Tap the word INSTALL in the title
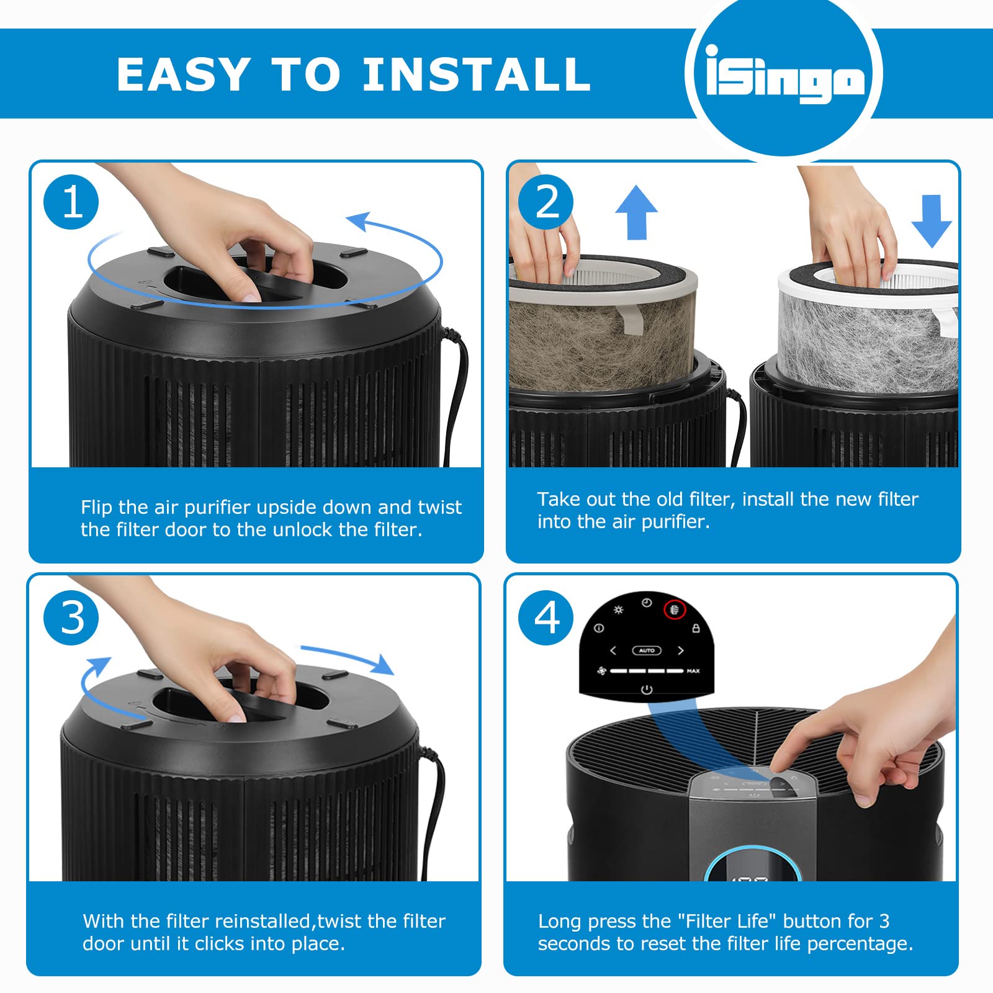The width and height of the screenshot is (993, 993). click(x=476, y=74)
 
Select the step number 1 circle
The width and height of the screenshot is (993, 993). click(x=71, y=202)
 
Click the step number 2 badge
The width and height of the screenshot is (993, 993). click(x=546, y=202)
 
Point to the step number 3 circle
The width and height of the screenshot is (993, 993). click(x=71, y=618)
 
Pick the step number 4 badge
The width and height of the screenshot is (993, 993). click(x=546, y=618)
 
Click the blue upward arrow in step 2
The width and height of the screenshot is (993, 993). click(x=636, y=212)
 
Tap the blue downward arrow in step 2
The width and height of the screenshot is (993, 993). click(x=931, y=221)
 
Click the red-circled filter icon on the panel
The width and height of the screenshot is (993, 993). click(x=675, y=610)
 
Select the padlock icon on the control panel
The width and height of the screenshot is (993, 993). click(x=696, y=629)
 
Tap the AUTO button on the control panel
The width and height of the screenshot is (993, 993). click(x=647, y=650)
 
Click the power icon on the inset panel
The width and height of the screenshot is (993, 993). click(x=647, y=690)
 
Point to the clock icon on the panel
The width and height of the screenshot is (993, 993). click(x=647, y=603)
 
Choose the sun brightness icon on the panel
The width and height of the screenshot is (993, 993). click(x=618, y=610)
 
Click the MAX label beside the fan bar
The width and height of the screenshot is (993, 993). click(x=693, y=671)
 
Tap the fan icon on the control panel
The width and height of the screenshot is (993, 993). click(x=601, y=671)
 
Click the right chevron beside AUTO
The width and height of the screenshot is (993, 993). click(x=681, y=650)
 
